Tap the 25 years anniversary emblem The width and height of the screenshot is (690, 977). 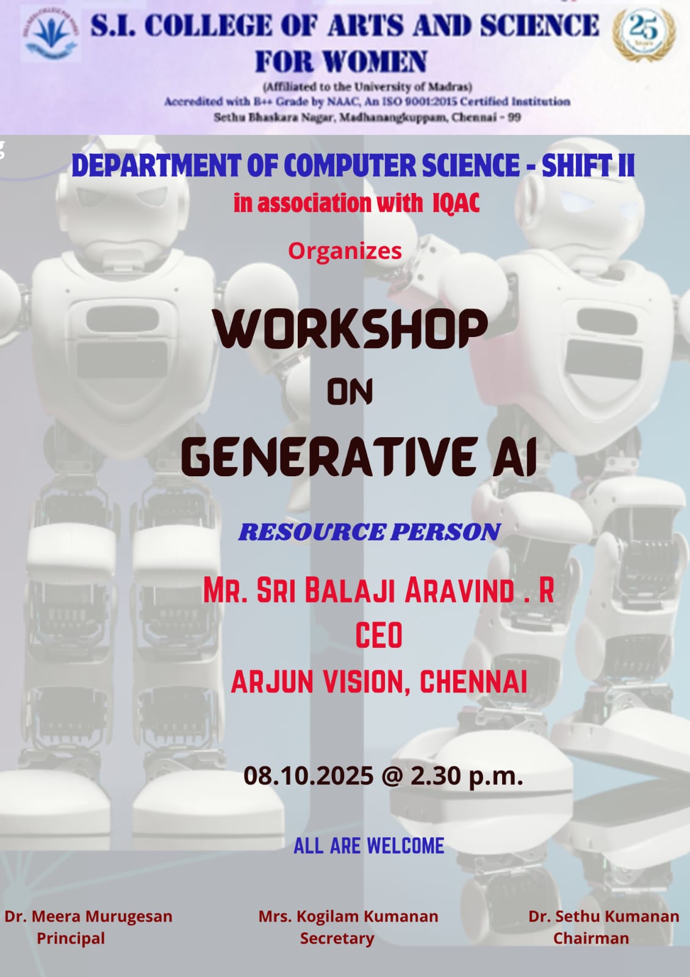(644, 34)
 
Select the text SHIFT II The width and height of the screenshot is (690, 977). (588, 165)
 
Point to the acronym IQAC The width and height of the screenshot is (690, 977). (456, 203)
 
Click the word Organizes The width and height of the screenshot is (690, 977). (345, 251)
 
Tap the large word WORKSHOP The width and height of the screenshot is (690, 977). (350, 329)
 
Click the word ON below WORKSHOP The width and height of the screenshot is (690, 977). (350, 391)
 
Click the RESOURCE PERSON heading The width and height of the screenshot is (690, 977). (370, 532)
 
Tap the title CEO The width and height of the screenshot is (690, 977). (378, 636)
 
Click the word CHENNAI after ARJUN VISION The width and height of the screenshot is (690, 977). (473, 681)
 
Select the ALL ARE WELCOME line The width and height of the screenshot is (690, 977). (368, 846)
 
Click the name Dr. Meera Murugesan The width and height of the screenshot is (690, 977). (88, 916)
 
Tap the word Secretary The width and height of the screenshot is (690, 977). (337, 938)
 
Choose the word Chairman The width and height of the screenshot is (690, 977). (591, 938)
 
